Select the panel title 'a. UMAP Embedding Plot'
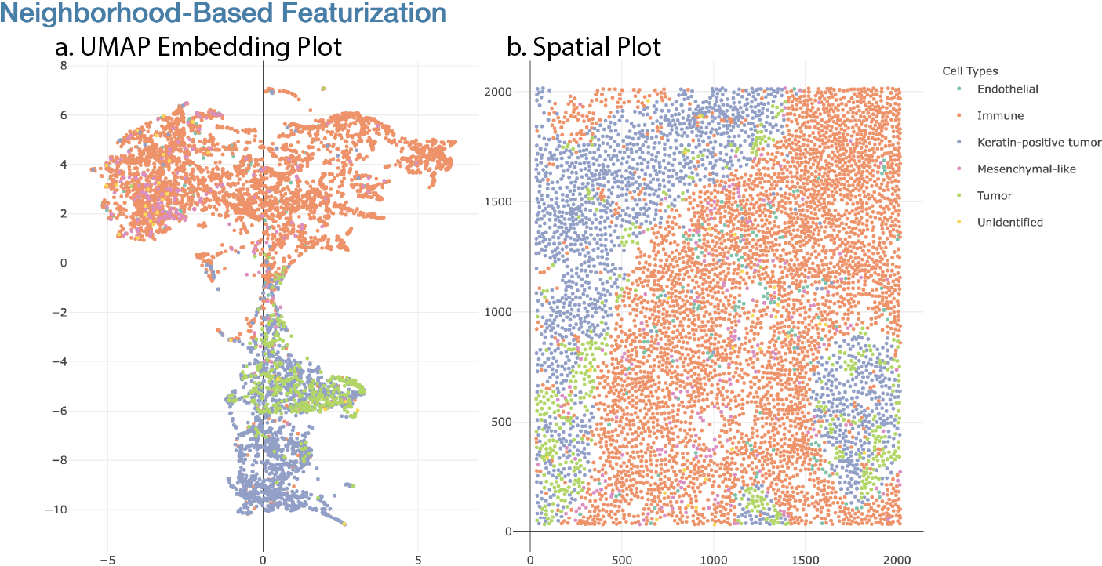[198, 47]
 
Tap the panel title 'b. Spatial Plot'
[584, 47]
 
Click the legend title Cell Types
[969, 71]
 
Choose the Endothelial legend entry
[1007, 89]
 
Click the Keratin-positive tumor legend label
[1038, 142]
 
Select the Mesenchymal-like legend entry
[1026, 169]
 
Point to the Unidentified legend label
[1009, 222]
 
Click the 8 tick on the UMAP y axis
[63, 66]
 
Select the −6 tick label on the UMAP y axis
[58, 411]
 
